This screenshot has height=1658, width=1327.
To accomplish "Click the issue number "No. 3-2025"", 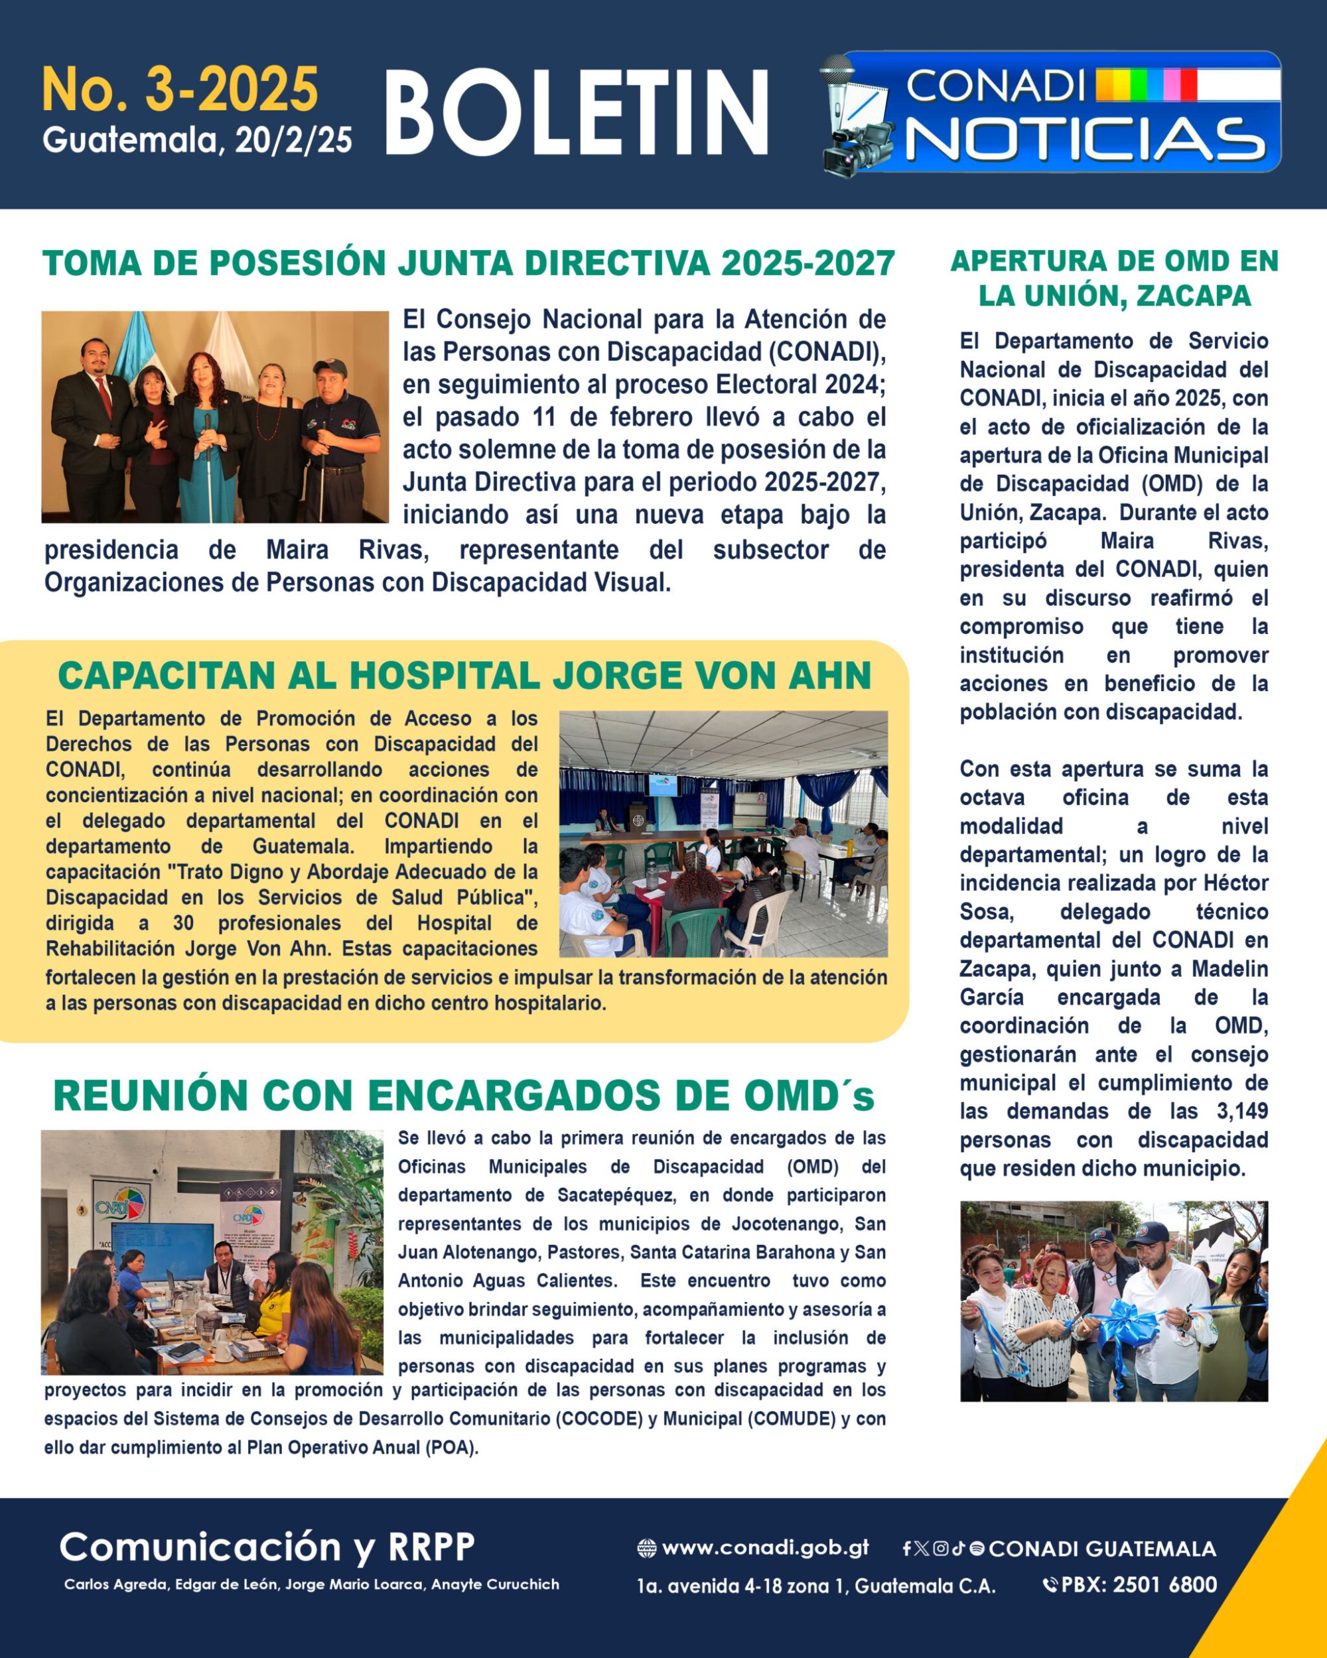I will click(179, 90).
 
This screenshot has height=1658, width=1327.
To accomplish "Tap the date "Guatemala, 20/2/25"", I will click(197, 141).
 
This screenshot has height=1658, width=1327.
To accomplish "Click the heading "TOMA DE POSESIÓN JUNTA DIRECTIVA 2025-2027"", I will click(468, 264).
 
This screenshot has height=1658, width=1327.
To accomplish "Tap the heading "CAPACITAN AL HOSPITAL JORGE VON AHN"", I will click(464, 676).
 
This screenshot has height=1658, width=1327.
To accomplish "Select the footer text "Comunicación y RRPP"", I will click(267, 1547).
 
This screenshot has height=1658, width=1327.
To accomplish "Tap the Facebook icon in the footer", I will click(907, 1549).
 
